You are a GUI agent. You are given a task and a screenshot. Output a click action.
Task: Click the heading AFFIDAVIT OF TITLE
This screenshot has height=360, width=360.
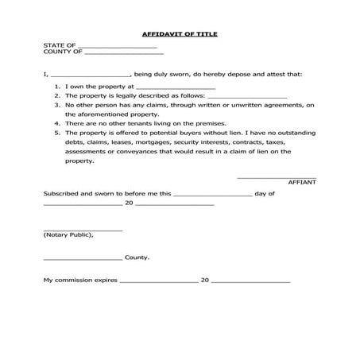180,35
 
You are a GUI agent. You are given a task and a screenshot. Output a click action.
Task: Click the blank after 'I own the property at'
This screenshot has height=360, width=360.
176,88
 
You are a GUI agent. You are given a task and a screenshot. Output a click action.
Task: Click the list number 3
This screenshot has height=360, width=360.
57,105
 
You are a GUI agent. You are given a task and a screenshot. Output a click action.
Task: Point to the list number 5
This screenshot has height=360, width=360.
57,133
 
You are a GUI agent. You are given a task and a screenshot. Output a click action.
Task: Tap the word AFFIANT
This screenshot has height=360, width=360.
302,182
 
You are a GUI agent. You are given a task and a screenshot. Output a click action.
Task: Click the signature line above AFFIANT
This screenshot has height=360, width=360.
277,177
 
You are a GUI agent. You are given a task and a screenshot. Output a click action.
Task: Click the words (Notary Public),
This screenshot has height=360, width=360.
68,234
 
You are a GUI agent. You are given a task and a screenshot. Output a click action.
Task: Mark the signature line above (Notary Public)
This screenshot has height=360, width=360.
83,230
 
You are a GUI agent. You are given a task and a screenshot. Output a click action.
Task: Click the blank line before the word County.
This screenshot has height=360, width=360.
83,259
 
